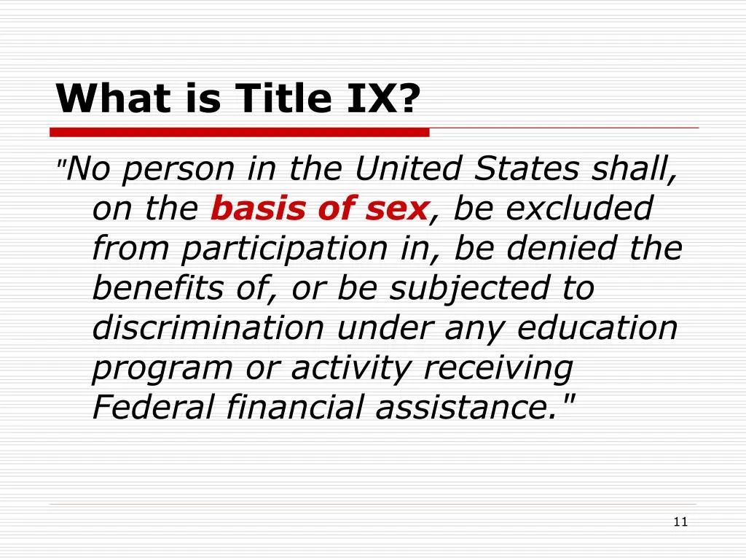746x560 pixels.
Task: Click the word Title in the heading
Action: pos(283,98)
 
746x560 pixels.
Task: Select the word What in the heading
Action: pos(113,98)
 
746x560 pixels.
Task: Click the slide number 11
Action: pos(681,522)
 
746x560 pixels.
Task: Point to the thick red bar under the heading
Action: pos(240,133)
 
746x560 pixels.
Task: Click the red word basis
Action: pos(259,209)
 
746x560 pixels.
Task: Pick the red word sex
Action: pos(398,209)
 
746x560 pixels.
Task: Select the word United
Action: pos(408,168)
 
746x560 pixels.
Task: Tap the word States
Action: pos(527,168)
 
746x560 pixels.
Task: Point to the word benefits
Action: pos(157,287)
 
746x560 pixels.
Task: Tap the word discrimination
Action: pos(208,327)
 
